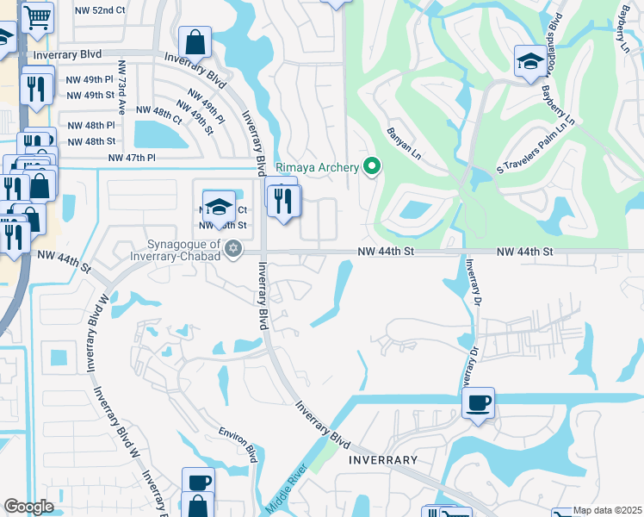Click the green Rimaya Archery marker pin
pos(372,166)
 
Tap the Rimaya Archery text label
pos(316,167)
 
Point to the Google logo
pos(28,507)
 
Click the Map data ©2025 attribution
pos(607,510)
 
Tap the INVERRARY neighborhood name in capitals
pos(384,460)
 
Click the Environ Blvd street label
pos(238,441)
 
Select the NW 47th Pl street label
pos(132,158)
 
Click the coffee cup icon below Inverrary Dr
pos(478,402)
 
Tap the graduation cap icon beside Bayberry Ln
pos(529,61)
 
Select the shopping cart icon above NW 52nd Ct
pos(37,16)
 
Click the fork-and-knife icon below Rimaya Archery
pos(284,201)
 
